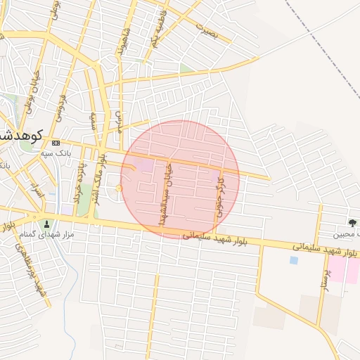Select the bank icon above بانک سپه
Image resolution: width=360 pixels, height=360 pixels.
[x=56, y=143]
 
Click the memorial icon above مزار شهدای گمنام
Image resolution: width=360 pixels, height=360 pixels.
[x=47, y=224]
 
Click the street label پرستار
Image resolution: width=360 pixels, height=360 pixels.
[x=325, y=272]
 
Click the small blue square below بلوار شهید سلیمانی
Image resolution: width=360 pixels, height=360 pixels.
[x=293, y=260]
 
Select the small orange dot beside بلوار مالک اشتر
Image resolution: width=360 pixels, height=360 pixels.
[x=119, y=188]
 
